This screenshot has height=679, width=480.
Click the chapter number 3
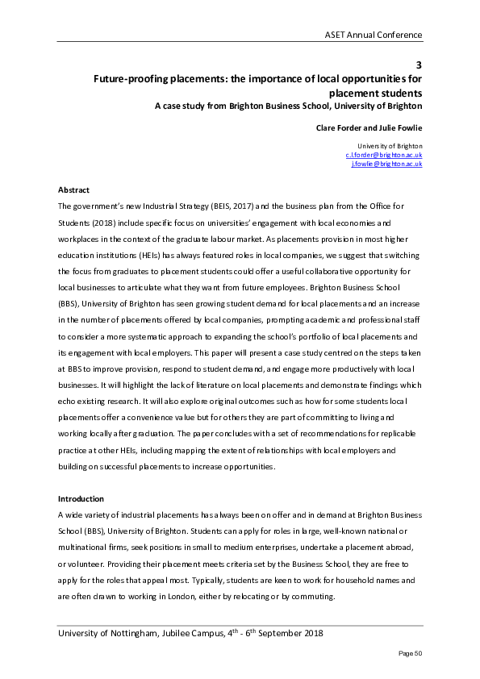point(419,65)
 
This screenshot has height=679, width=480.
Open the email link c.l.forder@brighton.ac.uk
point(384,154)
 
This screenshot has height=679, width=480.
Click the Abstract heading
point(73,190)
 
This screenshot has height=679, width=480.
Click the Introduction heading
point(81,499)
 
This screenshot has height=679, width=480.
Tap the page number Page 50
point(408,652)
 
